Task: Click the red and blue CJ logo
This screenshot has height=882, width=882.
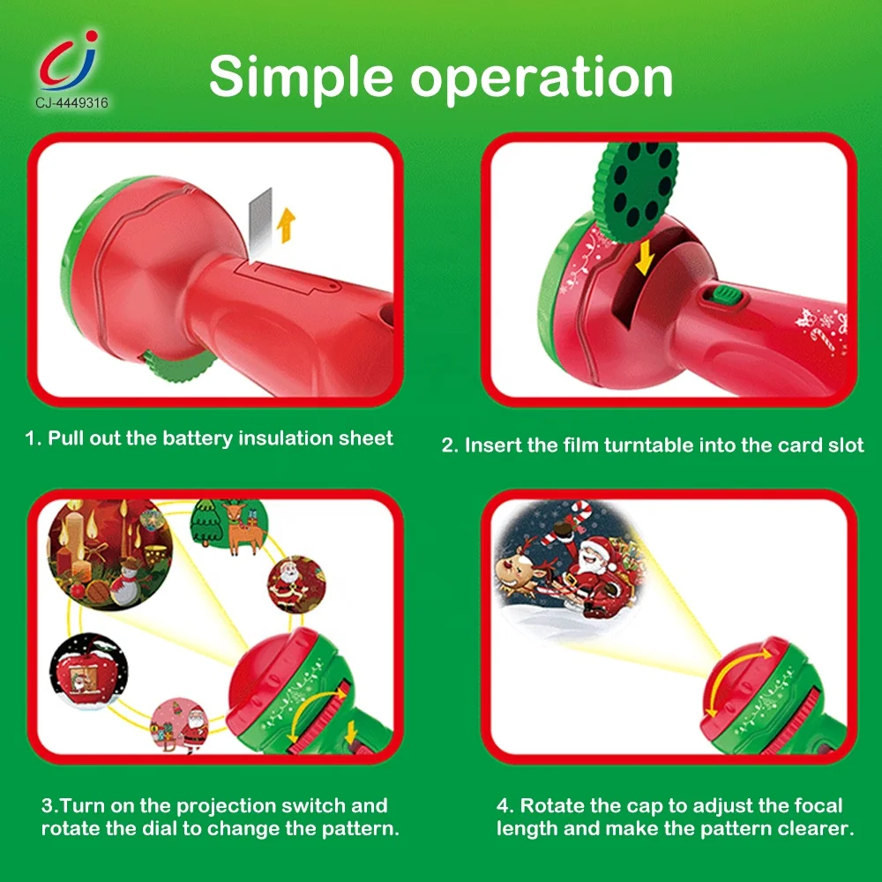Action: [70, 61]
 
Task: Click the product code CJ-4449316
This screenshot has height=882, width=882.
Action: [72, 103]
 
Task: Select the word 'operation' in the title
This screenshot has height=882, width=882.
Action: [542, 78]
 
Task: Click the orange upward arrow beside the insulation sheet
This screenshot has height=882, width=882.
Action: [287, 225]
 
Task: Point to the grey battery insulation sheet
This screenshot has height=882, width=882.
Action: [260, 220]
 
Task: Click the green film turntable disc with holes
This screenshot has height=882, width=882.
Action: [635, 191]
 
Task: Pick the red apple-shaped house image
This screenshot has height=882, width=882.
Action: [89, 671]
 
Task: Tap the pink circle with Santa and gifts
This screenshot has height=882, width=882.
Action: [180, 725]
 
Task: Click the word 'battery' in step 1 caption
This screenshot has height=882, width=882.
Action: [198, 438]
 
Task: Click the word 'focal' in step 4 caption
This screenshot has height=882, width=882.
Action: [818, 805]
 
